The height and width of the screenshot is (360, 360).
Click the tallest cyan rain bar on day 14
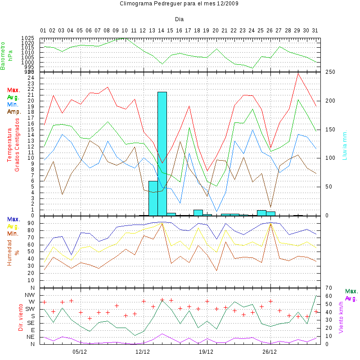pos(162,153)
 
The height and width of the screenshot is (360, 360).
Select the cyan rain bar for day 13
pos(153,198)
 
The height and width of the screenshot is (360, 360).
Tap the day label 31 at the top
pos(315,31)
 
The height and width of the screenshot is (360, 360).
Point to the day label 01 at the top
pos(44,31)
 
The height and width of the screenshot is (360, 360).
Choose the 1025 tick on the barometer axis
pos(28,38)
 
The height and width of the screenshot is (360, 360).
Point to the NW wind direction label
pos(30,294)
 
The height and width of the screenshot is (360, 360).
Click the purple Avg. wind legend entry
pos(351,298)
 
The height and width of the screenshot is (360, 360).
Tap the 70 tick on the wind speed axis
pos(328,288)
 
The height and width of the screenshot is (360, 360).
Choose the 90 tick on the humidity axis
pos(31,222)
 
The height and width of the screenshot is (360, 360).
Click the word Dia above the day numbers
pos(179,19)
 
